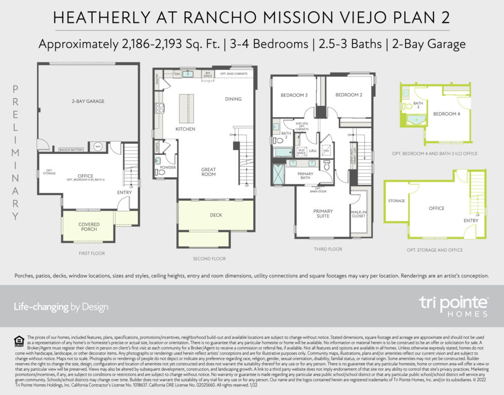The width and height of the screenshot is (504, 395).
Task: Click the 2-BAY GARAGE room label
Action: click(88, 101)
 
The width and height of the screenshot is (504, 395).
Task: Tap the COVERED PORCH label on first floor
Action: click(89, 227)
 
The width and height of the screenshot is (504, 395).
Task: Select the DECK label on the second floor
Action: click(216, 215)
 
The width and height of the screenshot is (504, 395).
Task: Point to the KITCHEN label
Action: click(185, 129)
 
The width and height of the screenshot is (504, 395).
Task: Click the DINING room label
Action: click(233, 99)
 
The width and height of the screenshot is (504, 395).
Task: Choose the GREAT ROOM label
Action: click(208, 172)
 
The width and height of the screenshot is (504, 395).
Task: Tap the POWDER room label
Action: click(167, 167)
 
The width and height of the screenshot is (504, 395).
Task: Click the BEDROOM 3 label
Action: click(294, 95)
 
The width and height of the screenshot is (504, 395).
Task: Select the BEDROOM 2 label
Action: click(348, 95)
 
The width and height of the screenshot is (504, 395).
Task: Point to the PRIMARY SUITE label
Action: click(323, 213)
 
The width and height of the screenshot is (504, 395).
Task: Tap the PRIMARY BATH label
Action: click(306, 176)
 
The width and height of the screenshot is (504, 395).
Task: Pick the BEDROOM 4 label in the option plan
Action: click(446, 114)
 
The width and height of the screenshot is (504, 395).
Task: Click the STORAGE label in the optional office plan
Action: click(397, 201)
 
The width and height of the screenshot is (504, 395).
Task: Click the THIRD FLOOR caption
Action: click(328, 249)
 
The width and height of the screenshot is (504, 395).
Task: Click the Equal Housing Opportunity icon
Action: click(19, 341)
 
